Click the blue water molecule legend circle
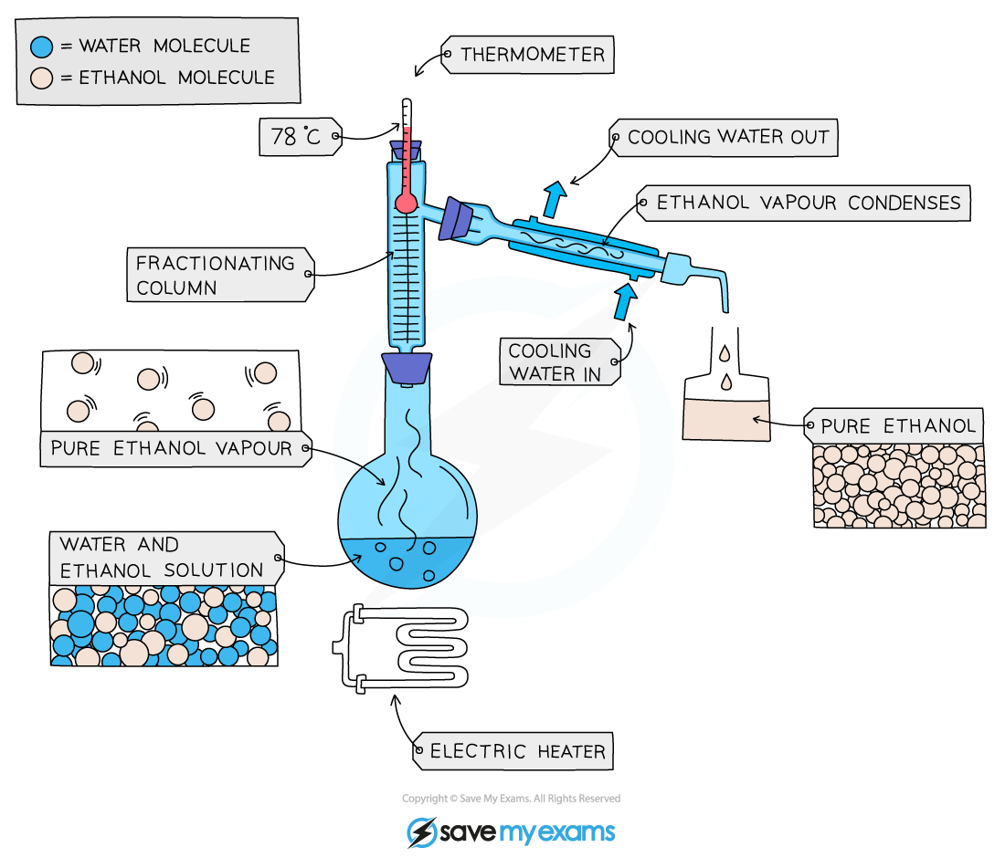pos(42,47)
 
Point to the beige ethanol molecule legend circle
pos(42,78)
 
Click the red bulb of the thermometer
pos(407,203)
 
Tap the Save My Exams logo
pos(511,832)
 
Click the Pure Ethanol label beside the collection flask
pos(894,425)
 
